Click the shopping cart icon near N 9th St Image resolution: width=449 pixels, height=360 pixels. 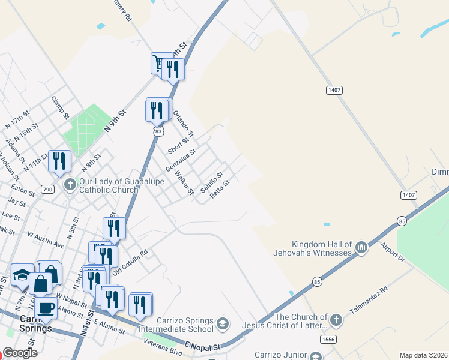[158, 62]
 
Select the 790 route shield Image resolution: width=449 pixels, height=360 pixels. [47, 190]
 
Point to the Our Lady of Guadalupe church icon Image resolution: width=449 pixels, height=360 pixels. [70, 184]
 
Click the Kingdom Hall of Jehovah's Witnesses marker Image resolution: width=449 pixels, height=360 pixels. [361, 247]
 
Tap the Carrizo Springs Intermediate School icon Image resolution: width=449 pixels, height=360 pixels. [223, 324]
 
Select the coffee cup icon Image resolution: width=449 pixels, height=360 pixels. [44, 308]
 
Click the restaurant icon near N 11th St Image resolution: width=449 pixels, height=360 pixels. [59, 160]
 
